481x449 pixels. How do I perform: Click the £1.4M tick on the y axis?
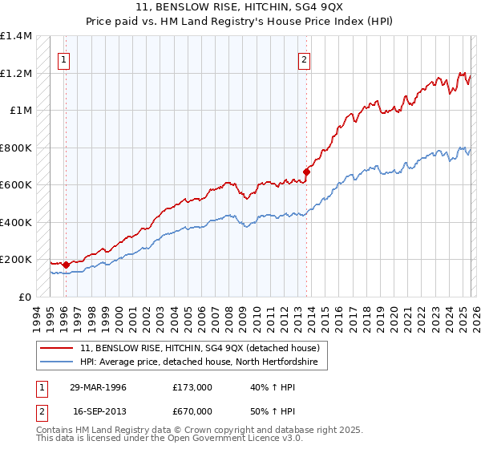[x=16, y=36]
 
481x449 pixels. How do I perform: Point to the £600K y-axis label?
[x=16, y=185]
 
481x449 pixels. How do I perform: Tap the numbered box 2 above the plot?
[x=305, y=59]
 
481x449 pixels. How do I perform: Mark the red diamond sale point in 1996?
[x=65, y=264]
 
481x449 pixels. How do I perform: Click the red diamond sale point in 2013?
[x=307, y=171]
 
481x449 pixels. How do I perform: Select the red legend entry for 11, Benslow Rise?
[x=200, y=348]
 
